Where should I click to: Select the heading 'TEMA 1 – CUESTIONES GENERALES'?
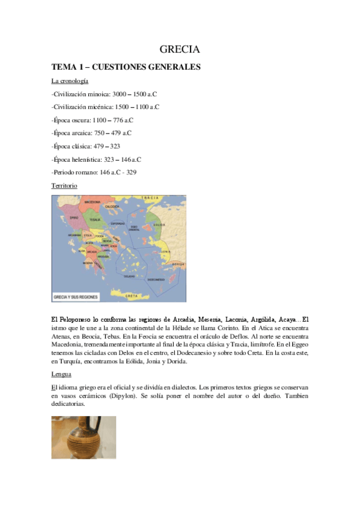tap(126, 67)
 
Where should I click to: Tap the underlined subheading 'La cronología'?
tap(70, 81)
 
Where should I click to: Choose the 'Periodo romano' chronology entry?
tap(94, 172)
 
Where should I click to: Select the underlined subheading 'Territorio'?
tap(64, 186)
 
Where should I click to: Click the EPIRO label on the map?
tap(75, 218)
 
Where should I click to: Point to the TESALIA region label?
tap(94, 220)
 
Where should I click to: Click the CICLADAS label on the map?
tap(129, 276)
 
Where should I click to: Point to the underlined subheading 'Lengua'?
tap(61, 374)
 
